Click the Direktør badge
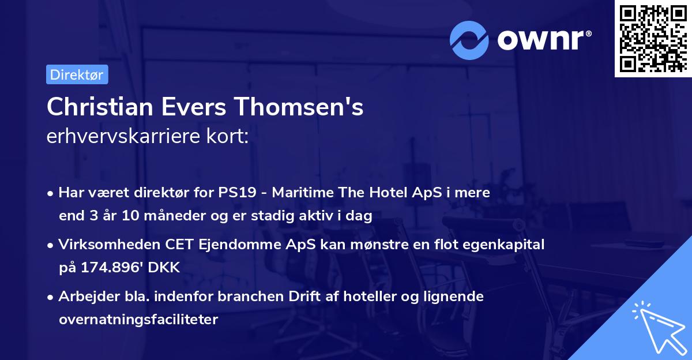pyautogui.click(x=77, y=74)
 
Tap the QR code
pyautogui.click(x=652, y=39)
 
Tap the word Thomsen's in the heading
pyautogui.click(x=299, y=107)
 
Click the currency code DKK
pyautogui.click(x=166, y=268)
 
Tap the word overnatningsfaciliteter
pyautogui.click(x=138, y=320)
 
